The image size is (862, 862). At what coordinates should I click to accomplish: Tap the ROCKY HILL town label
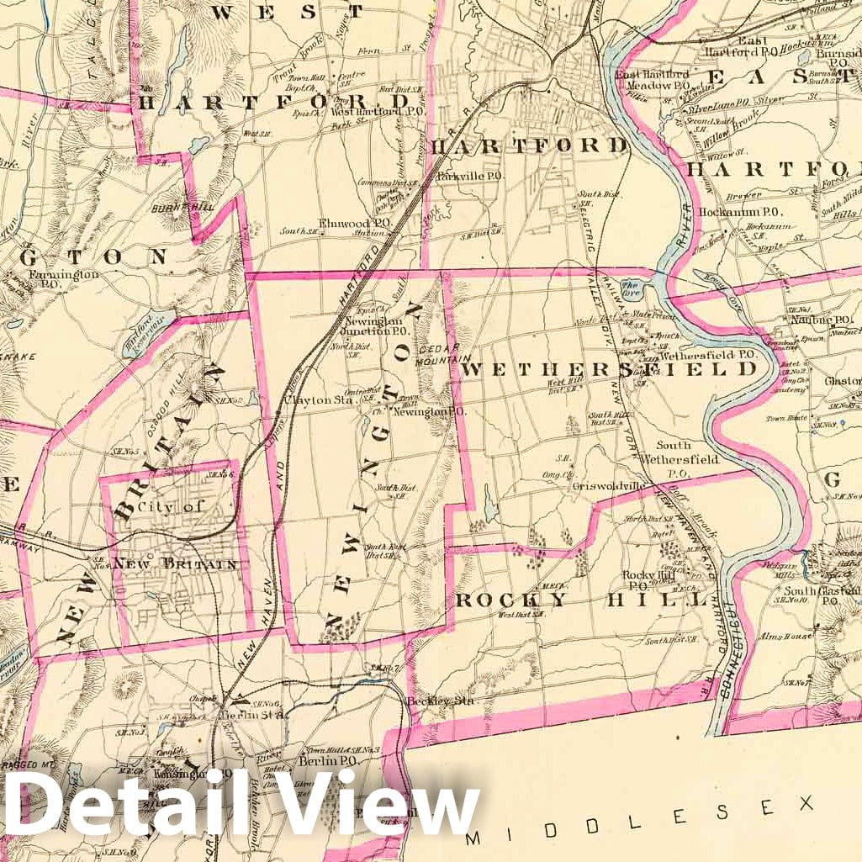(x=581, y=599)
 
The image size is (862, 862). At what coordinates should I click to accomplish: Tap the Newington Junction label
(x=373, y=325)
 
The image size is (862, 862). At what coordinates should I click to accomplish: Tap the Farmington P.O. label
(x=63, y=278)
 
